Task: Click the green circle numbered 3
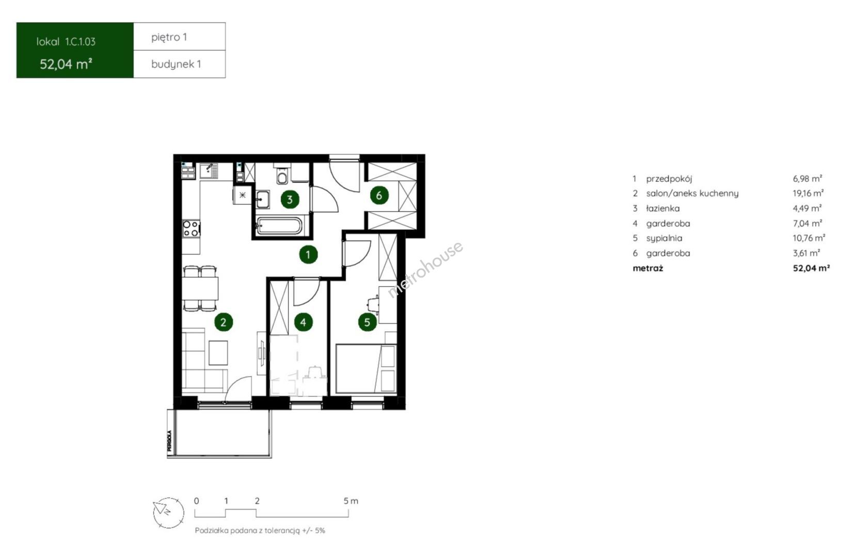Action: [290, 199]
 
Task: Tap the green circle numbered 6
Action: [379, 195]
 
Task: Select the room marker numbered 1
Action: [308, 254]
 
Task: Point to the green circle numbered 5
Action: [367, 322]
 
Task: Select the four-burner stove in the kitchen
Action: [191, 228]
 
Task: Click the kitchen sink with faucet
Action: [209, 171]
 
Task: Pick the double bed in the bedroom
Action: [366, 368]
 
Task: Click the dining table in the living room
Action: [200, 288]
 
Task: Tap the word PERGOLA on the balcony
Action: [169, 441]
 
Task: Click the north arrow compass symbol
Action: [168, 513]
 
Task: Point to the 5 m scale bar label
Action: [351, 501]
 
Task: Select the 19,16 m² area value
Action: [808, 193]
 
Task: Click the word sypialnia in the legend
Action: [664, 238]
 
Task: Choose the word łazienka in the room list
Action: [662, 208]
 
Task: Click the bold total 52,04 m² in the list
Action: [811, 268]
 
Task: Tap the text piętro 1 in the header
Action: [169, 37]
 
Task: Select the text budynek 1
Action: [176, 64]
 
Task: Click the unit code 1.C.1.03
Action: [80, 42]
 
